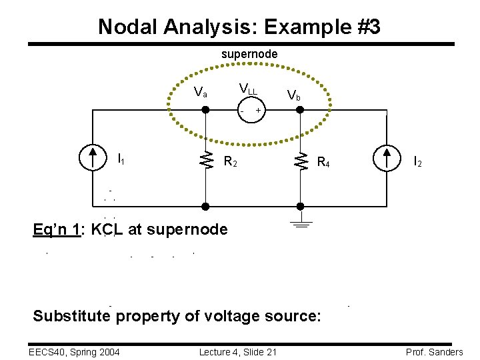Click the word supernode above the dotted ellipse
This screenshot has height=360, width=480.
tap(249, 53)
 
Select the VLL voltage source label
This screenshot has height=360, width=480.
tap(248, 89)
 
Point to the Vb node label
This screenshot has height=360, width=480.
tap(293, 96)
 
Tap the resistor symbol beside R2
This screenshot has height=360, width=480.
tap(207, 159)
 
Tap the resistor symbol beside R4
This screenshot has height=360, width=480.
tap(301, 159)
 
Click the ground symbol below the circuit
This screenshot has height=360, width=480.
tap(301, 225)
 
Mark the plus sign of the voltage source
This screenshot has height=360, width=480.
tap(259, 110)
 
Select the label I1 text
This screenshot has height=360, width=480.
tap(121, 159)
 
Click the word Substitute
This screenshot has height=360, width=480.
tap(71, 315)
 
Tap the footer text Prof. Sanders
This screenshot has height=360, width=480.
tap(433, 352)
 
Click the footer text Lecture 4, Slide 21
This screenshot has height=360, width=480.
tap(237, 352)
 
